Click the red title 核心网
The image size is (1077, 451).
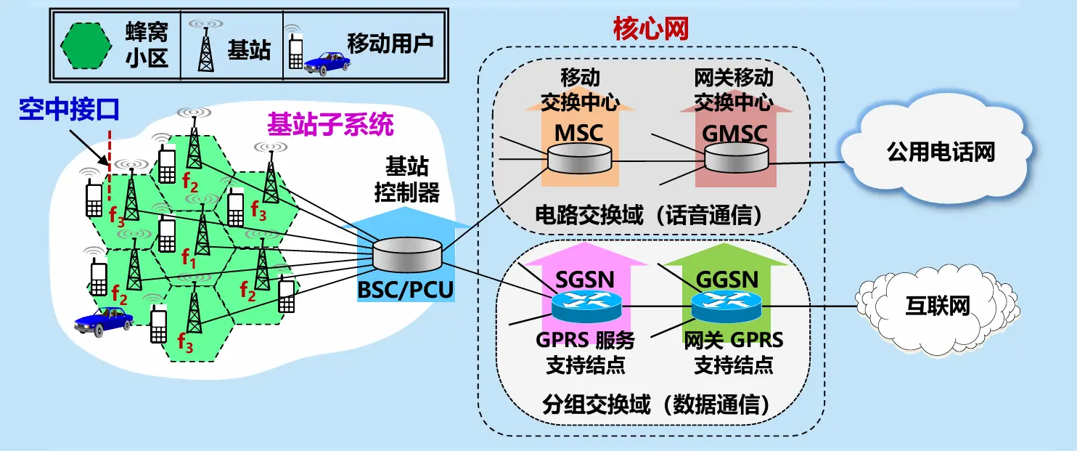pyautogui.click(x=651, y=29)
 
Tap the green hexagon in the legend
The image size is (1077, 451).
pyautogui.click(x=86, y=46)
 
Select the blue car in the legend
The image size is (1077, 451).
pyautogui.click(x=327, y=63)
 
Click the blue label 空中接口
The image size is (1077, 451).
pyautogui.click(x=69, y=109)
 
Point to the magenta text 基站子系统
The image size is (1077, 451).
pyautogui.click(x=330, y=125)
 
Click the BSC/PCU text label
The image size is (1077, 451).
pyautogui.click(x=405, y=290)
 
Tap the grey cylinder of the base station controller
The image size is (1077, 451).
pyautogui.click(x=406, y=254)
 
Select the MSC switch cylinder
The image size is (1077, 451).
pyautogui.click(x=579, y=158)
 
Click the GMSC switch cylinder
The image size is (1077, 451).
pyautogui.click(x=736, y=158)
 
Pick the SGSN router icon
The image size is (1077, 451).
pyautogui.click(x=586, y=306)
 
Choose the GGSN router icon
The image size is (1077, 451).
pyautogui.click(x=726, y=306)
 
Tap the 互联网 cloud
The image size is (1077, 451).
pyautogui.click(x=938, y=306)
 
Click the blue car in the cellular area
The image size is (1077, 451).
pyautogui.click(x=103, y=321)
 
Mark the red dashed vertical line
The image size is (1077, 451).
pyautogui.click(x=110, y=165)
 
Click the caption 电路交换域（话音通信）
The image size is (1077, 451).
pyautogui.click(x=648, y=215)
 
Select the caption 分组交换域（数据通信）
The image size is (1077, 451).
pyautogui.click(x=656, y=405)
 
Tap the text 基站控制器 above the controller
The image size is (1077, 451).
pyautogui.click(x=406, y=179)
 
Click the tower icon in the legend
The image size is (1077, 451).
pyautogui.click(x=206, y=46)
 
